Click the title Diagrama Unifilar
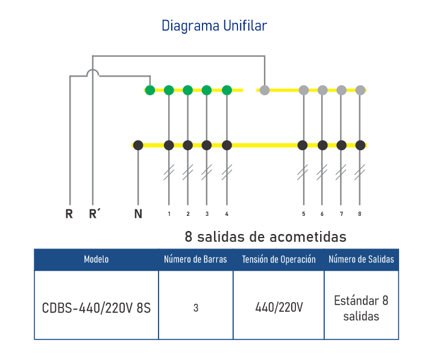click(x=214, y=26)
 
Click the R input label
click(x=69, y=213)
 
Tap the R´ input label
click(x=94, y=213)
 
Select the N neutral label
click(x=138, y=213)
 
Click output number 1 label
click(x=169, y=214)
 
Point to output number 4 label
click(x=227, y=214)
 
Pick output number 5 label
click(x=303, y=214)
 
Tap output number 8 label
click(x=360, y=214)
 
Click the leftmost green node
click(x=150, y=90)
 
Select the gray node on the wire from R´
click(x=264, y=90)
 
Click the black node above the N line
click(x=138, y=145)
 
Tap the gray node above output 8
click(x=360, y=90)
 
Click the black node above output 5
click(x=303, y=145)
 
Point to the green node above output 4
click(x=227, y=90)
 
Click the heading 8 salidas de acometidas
click(x=266, y=236)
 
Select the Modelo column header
click(x=96, y=260)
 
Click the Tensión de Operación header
click(x=278, y=260)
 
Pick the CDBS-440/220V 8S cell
click(x=96, y=308)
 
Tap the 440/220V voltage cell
click(x=278, y=308)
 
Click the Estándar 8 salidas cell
click(x=361, y=308)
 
